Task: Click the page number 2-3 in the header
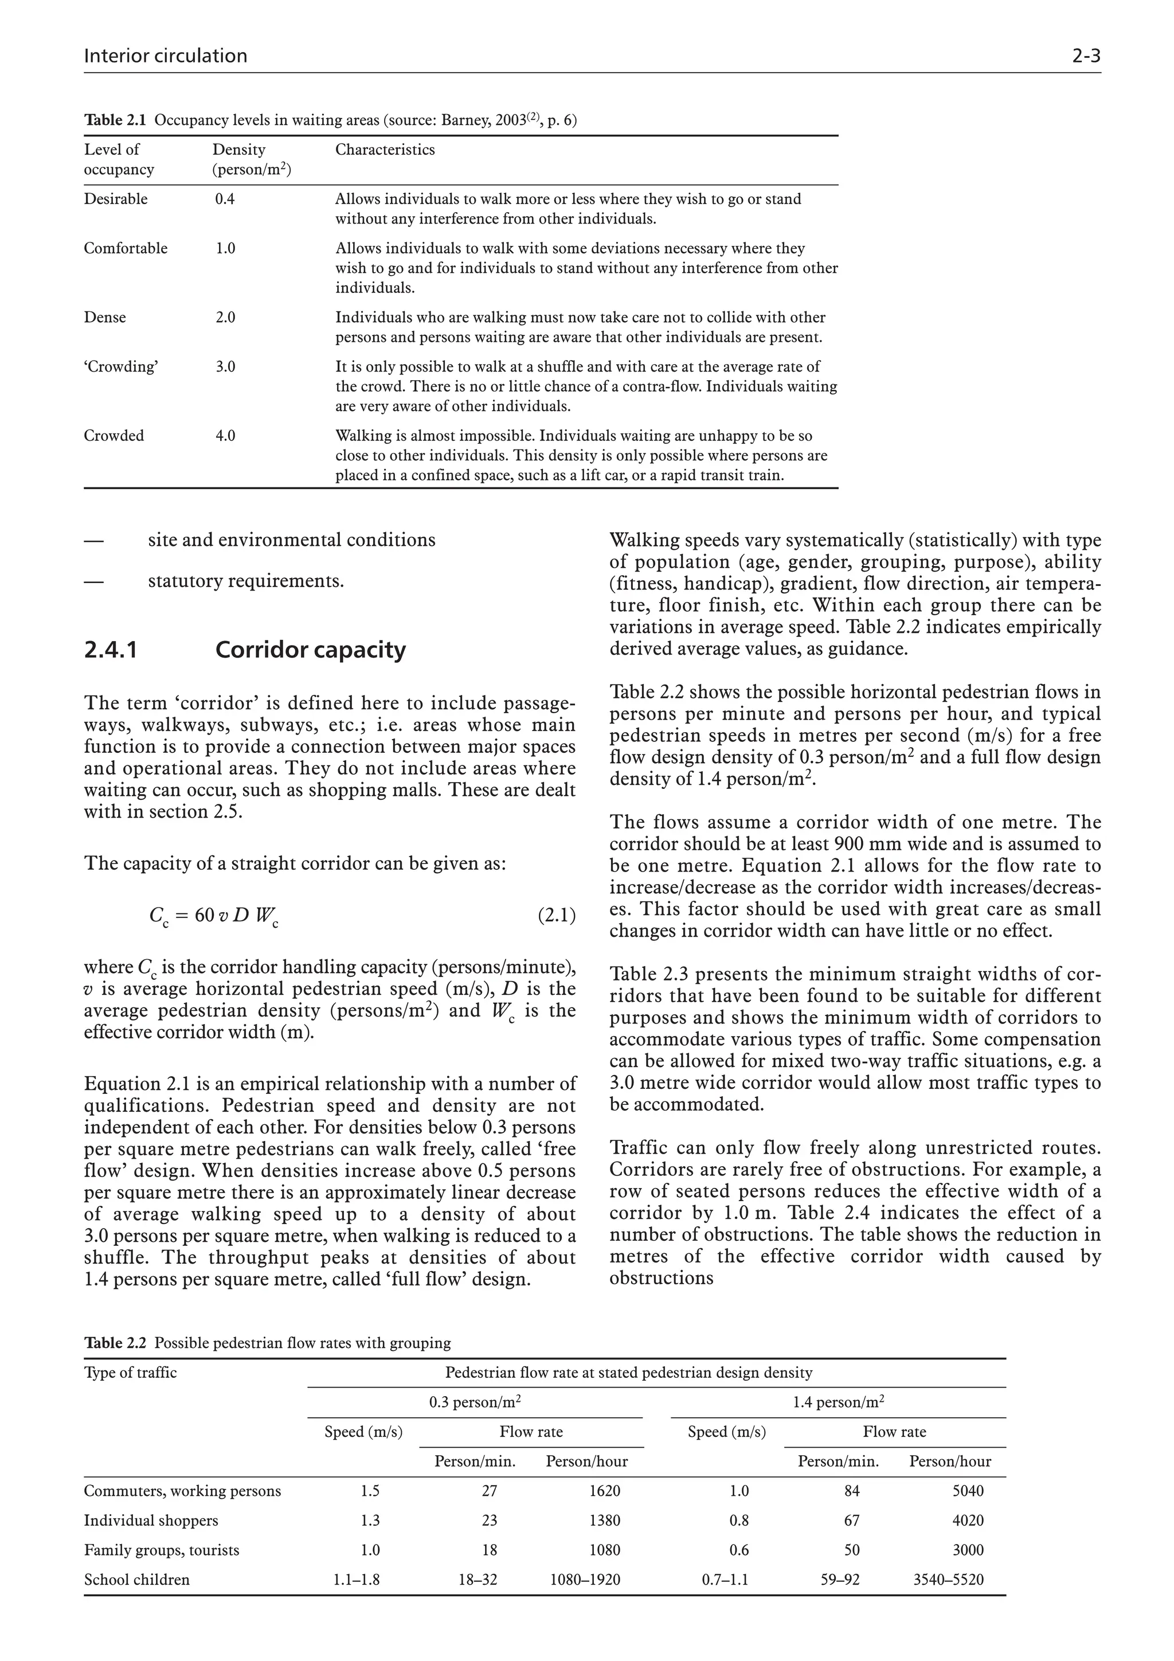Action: click(x=1086, y=56)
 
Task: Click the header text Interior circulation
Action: click(x=166, y=56)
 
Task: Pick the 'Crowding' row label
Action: click(x=121, y=367)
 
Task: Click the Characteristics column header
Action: click(x=385, y=150)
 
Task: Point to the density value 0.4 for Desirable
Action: click(x=225, y=199)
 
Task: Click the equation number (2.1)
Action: click(x=556, y=915)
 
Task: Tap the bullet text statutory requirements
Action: click(x=246, y=581)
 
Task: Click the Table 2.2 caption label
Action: click(x=115, y=1343)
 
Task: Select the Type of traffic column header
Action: click(x=130, y=1373)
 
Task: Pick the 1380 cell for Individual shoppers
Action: click(x=605, y=1520)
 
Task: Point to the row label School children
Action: click(x=136, y=1579)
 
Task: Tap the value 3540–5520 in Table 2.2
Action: click(x=948, y=1579)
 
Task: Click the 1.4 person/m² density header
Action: click(x=838, y=1402)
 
